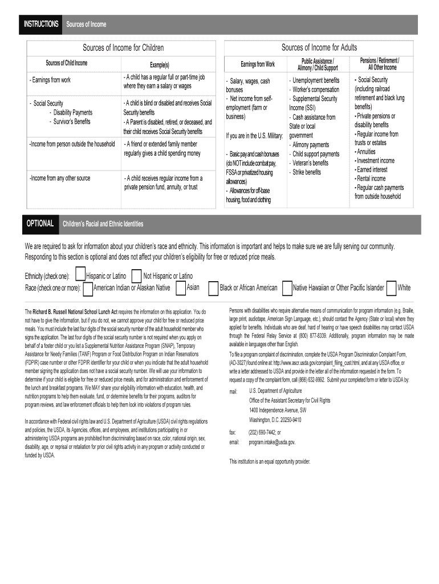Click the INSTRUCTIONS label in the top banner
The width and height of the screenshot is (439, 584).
pos(40,24)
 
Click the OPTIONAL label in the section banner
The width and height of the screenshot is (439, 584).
pos(40,224)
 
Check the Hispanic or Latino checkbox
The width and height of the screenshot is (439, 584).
pos(80,275)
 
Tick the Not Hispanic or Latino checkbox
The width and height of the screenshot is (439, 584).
pos(136,275)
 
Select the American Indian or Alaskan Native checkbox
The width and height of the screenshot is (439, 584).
pos(88,289)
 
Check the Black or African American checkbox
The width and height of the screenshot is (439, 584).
pos(213,289)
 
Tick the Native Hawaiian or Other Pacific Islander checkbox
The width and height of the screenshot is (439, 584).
pos(287,289)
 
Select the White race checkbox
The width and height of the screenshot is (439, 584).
pos(391,289)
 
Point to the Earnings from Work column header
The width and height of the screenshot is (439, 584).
pos(257,64)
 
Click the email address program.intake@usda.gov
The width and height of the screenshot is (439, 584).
pos(272,442)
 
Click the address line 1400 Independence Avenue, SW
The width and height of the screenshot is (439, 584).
pos(278,410)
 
